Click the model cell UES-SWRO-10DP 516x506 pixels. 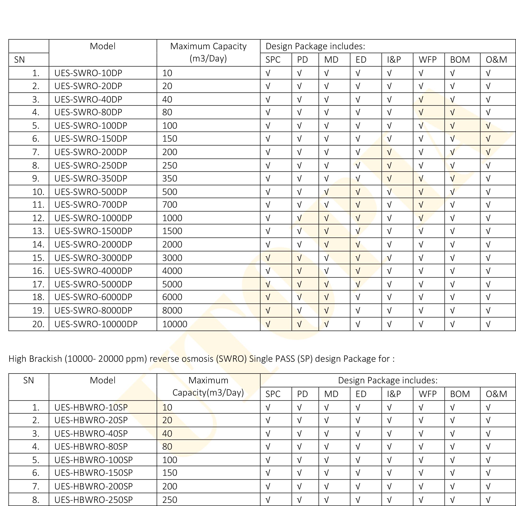(88, 73)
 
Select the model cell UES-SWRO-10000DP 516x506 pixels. (96, 324)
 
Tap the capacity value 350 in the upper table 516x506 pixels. (170, 178)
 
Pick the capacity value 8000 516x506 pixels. (172, 310)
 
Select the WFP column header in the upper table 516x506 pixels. (427, 60)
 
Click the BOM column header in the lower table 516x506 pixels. (460, 394)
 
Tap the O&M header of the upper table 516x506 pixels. (496, 60)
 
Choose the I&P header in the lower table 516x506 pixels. (394, 394)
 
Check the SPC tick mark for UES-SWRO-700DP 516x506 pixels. (268, 205)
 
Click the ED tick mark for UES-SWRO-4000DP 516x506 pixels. (358, 271)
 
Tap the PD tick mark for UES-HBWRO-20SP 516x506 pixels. (299, 420)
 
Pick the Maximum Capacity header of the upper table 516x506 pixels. (208, 47)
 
